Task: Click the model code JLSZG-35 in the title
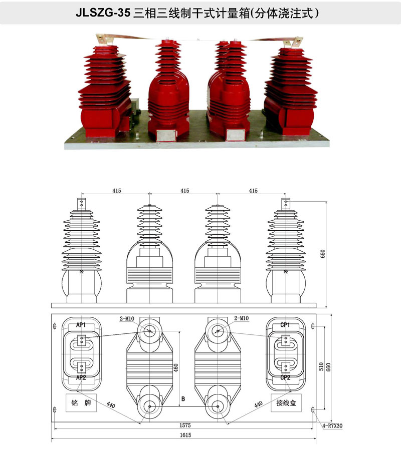pos(103,13)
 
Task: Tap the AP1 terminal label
pos(81,325)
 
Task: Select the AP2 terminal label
pos(81,377)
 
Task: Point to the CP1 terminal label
pos(285,325)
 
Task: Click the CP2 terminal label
pos(285,377)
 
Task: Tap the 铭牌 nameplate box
pos(81,402)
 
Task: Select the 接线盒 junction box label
pos(286,402)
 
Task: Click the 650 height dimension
pos(323,254)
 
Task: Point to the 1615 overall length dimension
pos(185,435)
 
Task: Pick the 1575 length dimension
pos(185,425)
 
